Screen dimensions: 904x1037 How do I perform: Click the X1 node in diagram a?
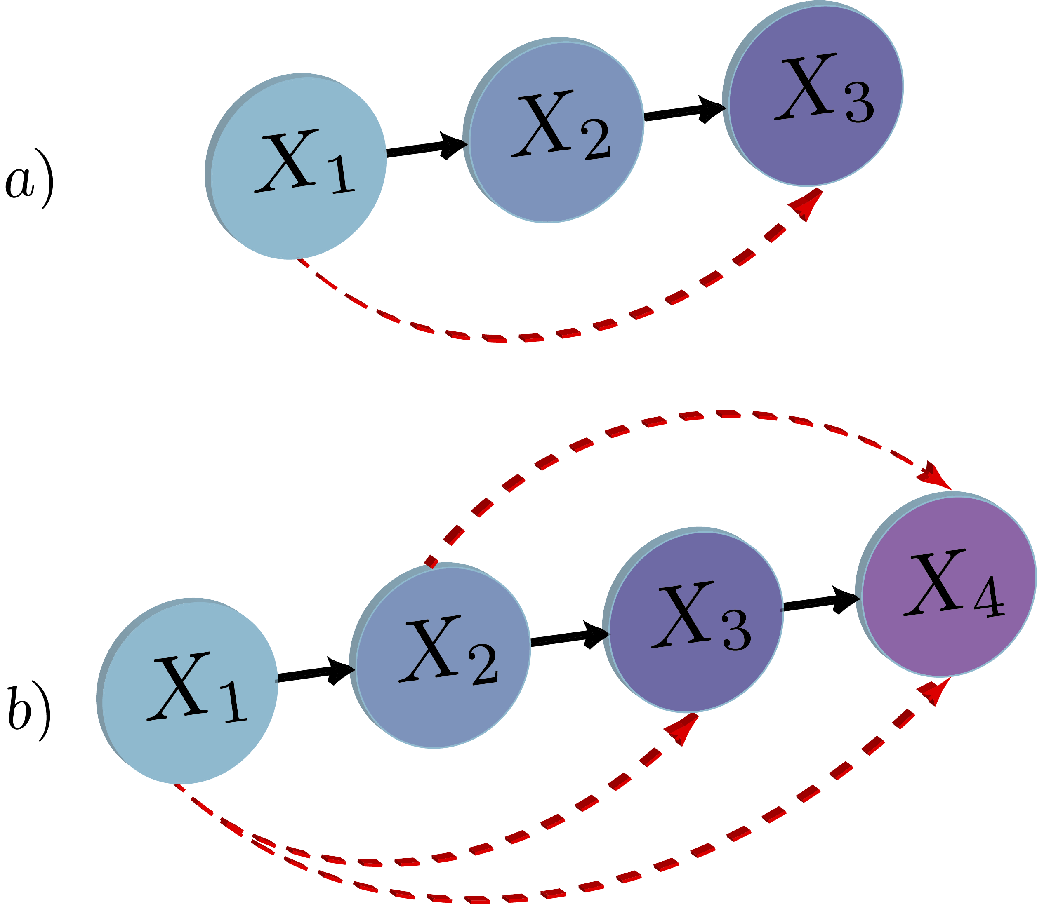coord(298,167)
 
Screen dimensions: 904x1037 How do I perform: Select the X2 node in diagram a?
coord(555,131)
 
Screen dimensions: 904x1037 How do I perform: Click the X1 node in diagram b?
coord(189,691)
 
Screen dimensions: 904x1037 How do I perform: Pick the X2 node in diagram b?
coord(442,656)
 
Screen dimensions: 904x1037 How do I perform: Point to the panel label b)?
coord(29,711)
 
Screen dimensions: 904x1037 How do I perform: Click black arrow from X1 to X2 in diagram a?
coord(427,147)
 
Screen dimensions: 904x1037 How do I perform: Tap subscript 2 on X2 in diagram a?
coord(597,140)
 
